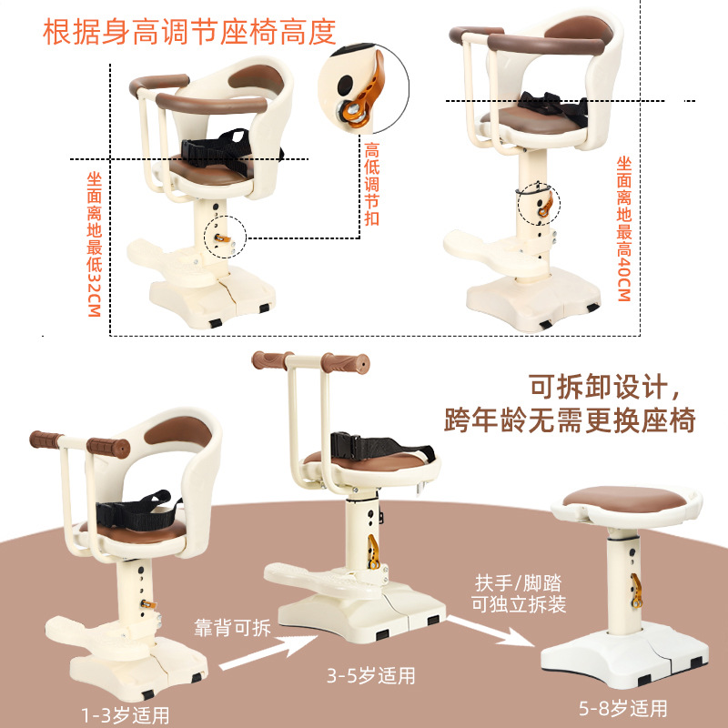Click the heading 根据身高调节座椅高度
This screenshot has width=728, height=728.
coord(190,31)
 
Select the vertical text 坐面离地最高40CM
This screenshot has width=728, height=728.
coord(624,228)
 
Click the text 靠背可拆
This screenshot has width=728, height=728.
coord(232,628)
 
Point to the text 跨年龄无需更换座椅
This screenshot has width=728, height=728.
coord(571,420)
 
